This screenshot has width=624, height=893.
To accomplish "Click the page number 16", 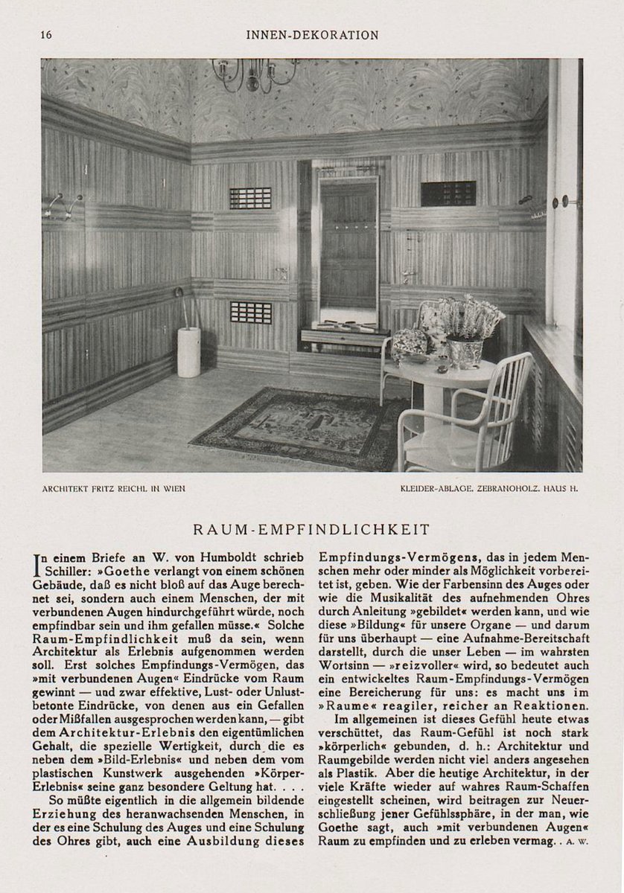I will [46, 35].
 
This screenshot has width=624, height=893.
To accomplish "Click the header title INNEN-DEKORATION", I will [311, 35].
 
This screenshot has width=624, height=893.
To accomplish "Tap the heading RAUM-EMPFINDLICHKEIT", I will [311, 530].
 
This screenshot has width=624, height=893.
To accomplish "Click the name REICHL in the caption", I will [139, 489].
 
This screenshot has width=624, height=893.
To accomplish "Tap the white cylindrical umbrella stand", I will [188, 351].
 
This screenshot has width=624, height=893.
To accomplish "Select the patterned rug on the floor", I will [298, 428].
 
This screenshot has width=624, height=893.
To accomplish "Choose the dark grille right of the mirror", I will [448, 193].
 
